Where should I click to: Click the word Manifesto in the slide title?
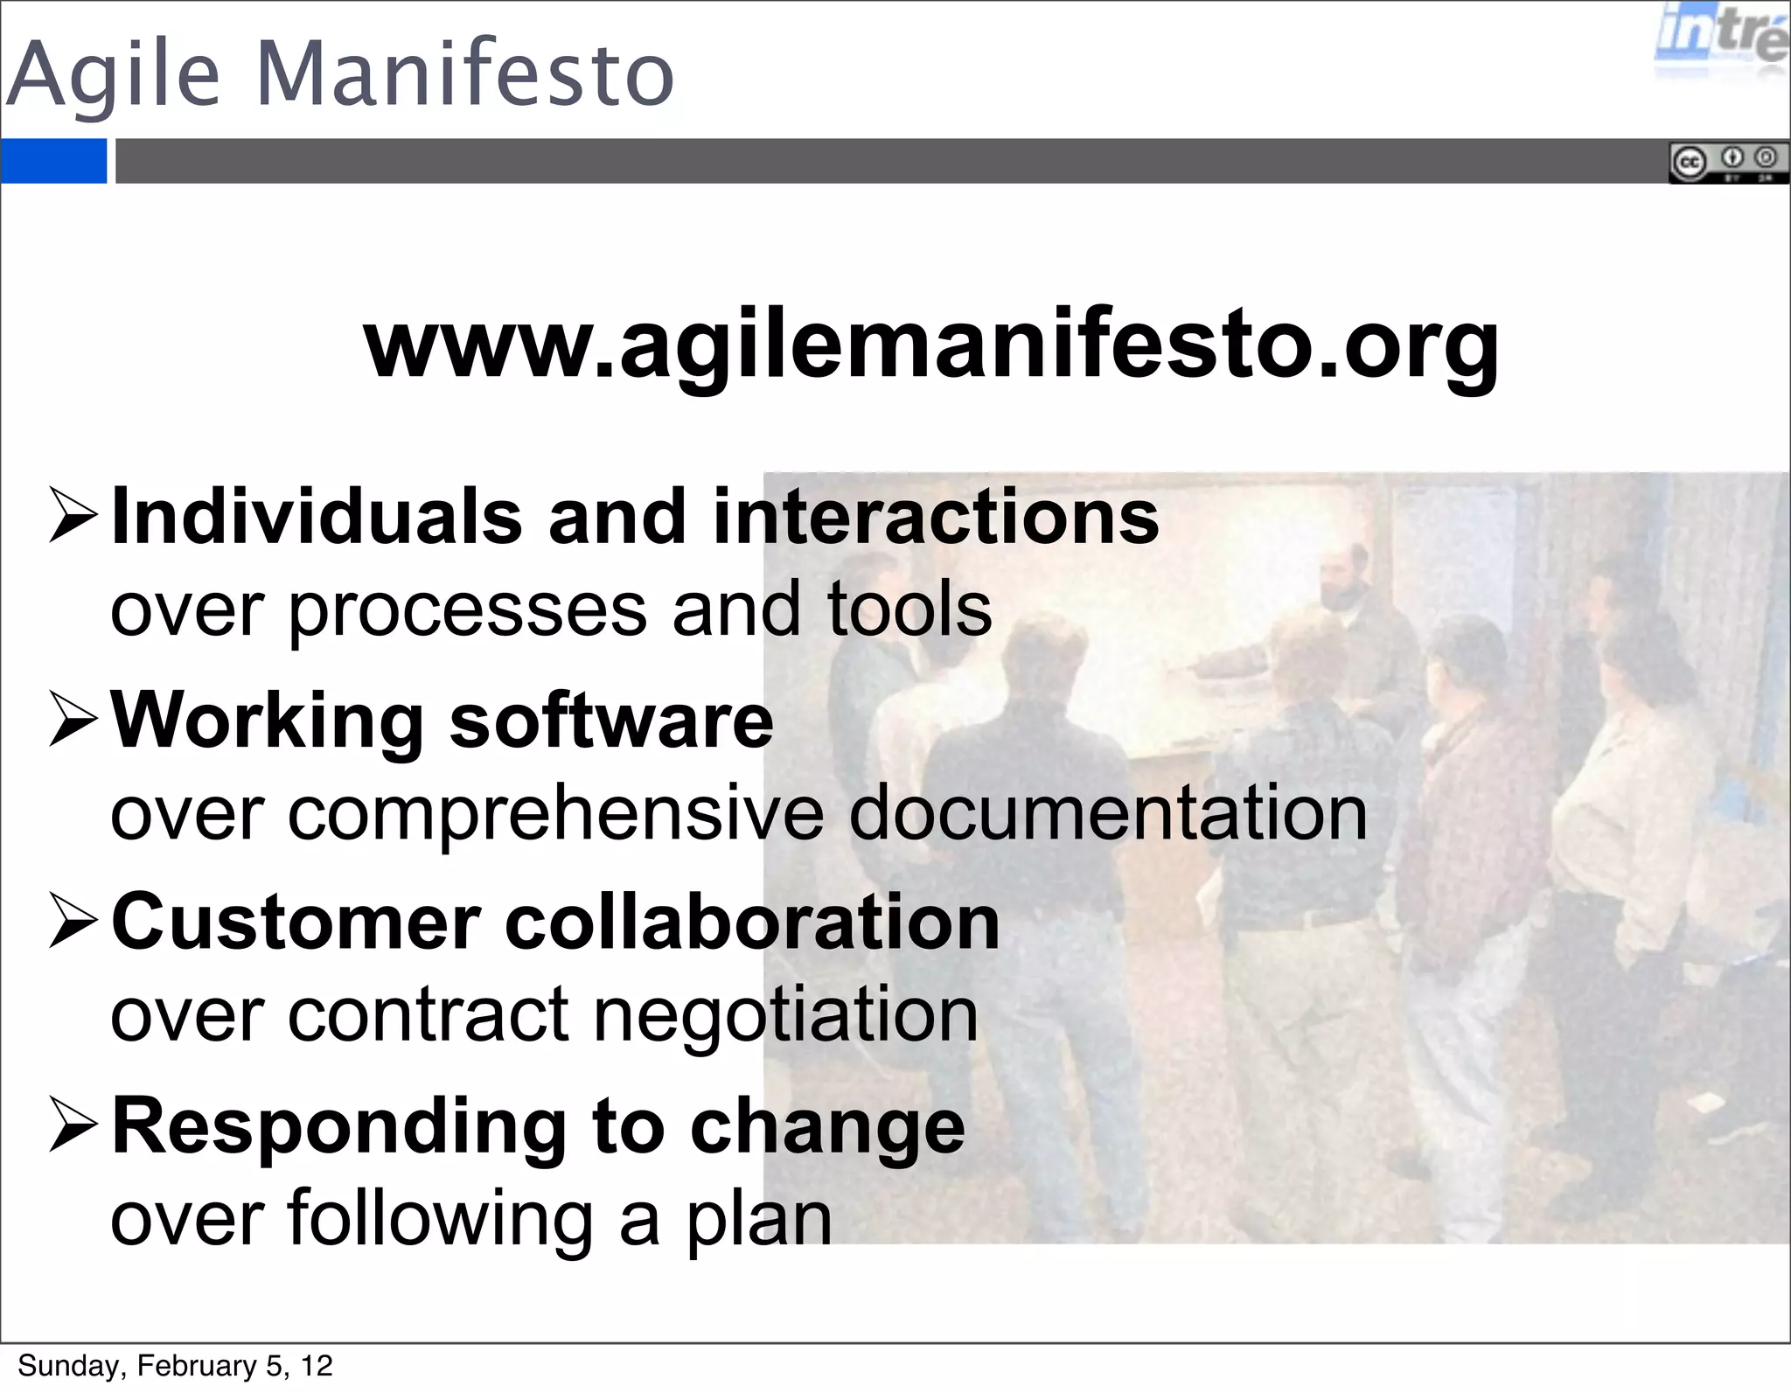pyautogui.click(x=464, y=75)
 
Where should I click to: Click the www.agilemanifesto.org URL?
pyautogui.click(x=931, y=345)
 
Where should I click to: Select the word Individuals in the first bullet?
pyautogui.click(x=317, y=518)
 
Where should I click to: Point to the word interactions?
pyautogui.click(x=936, y=518)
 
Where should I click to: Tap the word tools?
pyautogui.click(x=909, y=609)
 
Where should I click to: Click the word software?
pyautogui.click(x=611, y=721)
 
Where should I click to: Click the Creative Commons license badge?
pyautogui.click(x=1728, y=164)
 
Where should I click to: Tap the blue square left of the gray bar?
pyautogui.click(x=53, y=161)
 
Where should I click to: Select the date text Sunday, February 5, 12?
pyautogui.click(x=175, y=1366)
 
